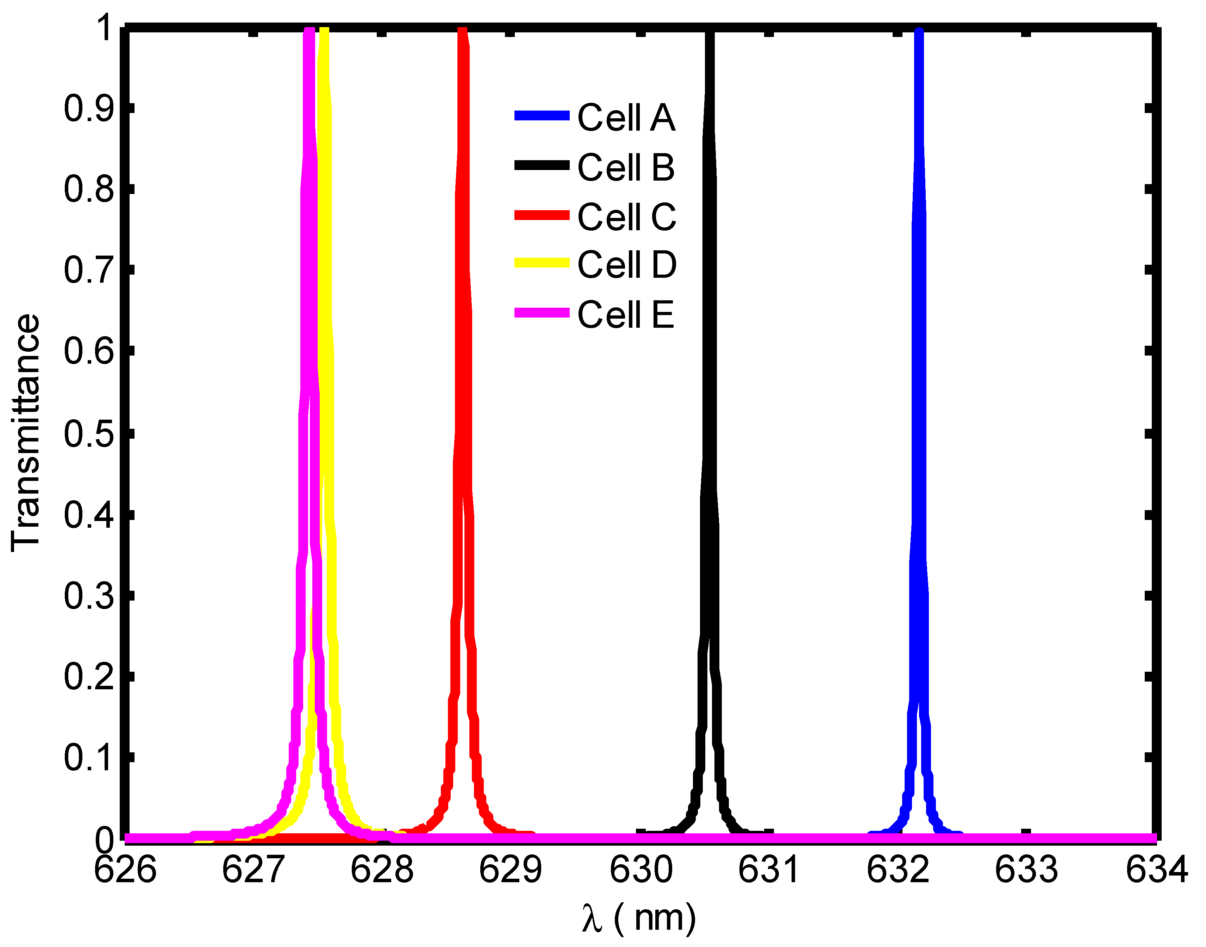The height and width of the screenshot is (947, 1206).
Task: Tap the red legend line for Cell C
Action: (542, 215)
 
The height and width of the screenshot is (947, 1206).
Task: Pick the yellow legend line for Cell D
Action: (542, 263)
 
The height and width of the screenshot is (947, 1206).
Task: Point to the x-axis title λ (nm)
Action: (639, 918)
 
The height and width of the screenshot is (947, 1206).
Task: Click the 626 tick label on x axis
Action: (125, 870)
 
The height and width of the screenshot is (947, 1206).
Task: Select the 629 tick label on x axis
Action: (510, 870)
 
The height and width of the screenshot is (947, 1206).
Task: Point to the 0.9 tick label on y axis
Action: (89, 109)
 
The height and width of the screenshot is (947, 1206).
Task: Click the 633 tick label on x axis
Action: (1026, 870)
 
